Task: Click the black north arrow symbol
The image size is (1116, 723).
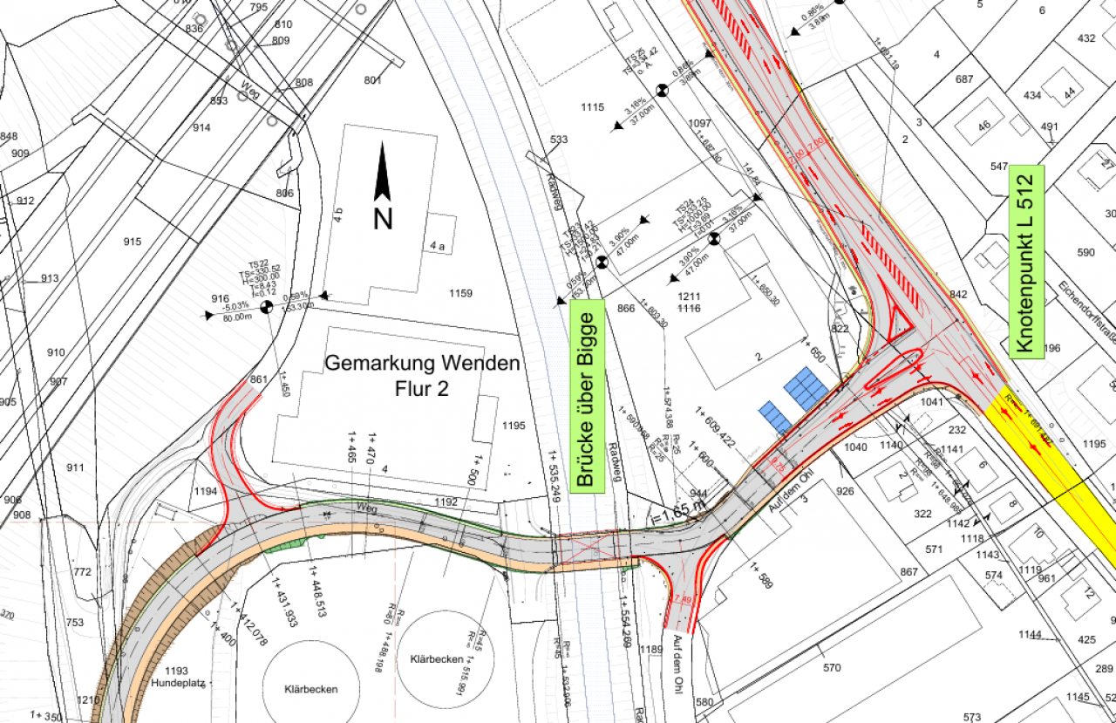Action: click(382, 174)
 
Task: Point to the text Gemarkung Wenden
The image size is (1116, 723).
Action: click(422, 363)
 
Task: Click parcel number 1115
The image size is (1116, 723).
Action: click(591, 107)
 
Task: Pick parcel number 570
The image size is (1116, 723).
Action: click(831, 668)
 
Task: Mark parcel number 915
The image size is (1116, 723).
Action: click(132, 242)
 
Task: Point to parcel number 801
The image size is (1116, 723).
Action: click(373, 81)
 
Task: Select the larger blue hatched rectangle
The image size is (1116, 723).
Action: click(806, 387)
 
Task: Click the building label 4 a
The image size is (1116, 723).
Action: click(437, 247)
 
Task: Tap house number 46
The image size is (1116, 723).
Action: click(984, 126)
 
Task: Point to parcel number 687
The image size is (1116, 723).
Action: click(963, 79)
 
